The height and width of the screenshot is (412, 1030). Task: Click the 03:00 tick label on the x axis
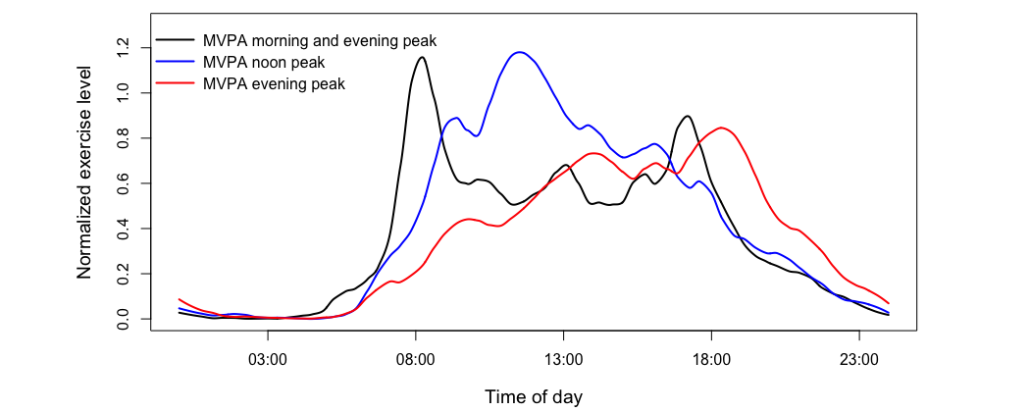268,360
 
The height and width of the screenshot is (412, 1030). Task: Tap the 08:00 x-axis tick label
415,360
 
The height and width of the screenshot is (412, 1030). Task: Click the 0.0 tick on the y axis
122,319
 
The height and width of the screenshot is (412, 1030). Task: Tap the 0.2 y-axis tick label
122,274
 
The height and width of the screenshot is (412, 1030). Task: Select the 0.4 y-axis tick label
122,229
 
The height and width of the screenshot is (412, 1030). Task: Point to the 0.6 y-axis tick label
122,183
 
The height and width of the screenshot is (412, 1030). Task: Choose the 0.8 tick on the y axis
122,138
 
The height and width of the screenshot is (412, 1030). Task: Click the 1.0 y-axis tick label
122,93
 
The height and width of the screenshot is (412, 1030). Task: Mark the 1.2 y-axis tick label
122,48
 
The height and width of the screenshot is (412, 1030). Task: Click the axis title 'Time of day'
534,396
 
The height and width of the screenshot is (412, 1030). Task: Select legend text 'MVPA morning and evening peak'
319,41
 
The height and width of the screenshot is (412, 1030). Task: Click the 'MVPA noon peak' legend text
263,63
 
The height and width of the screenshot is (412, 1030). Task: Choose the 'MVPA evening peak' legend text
274,84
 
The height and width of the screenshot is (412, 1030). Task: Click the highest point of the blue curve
520,52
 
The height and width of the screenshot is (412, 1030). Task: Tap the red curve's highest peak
721,128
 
